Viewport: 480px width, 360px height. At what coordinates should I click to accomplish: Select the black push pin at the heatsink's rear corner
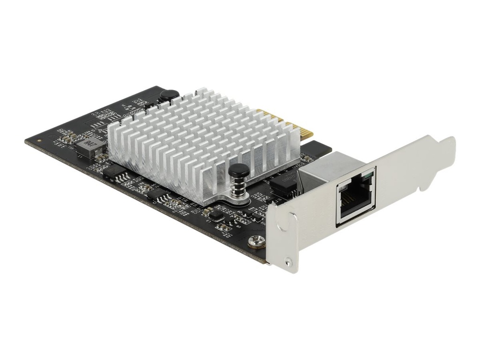pyautogui.click(x=169, y=95)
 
